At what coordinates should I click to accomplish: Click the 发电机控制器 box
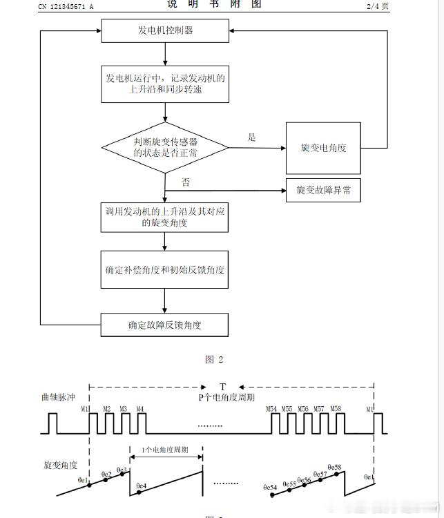[x=165, y=30]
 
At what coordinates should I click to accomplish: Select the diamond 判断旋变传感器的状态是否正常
[x=165, y=147]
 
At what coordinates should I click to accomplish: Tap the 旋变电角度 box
[x=323, y=148]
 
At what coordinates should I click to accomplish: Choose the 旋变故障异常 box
[x=323, y=190]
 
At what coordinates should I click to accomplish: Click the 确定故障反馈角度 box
[x=165, y=324]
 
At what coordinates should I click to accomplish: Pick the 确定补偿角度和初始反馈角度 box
[x=165, y=269]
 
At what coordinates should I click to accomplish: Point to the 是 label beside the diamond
[x=252, y=137]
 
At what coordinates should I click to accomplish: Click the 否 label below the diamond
[x=186, y=182]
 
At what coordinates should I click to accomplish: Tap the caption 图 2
[x=215, y=359]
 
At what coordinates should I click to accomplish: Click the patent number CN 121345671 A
[x=66, y=6]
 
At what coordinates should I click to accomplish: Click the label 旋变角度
[x=60, y=465]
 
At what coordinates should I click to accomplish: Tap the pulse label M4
[x=140, y=409]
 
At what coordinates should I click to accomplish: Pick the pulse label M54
[x=271, y=409]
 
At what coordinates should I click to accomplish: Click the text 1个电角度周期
[x=166, y=450]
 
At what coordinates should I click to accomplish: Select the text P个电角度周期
[x=226, y=398]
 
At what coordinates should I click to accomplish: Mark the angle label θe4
[x=142, y=486]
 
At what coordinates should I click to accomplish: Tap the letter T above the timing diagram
[x=222, y=386]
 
